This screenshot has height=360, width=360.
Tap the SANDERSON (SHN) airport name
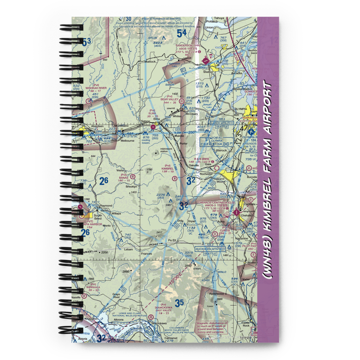[187, 45]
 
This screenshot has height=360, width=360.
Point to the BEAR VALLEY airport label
[170, 99]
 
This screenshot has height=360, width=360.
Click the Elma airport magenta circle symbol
[153, 127]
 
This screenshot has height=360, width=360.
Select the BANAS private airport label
[123, 177]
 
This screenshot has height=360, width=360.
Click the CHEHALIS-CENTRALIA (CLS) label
[216, 203]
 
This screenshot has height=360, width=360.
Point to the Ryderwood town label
[217, 294]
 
